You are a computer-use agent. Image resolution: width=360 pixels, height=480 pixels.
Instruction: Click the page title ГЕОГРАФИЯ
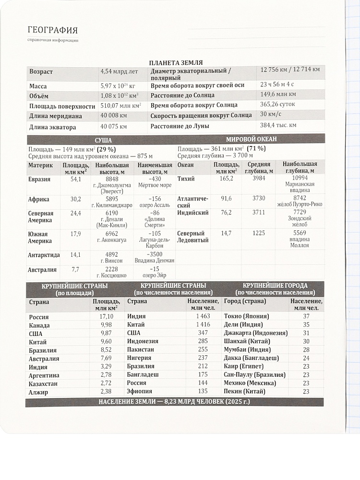[x=53, y=30]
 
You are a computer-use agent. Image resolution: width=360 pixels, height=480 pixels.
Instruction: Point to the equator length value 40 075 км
[x=114, y=126]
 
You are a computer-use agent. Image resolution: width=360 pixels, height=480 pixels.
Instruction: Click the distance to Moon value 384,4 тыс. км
[x=278, y=125]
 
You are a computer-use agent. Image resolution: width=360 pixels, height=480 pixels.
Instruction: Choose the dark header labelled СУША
[x=103, y=139]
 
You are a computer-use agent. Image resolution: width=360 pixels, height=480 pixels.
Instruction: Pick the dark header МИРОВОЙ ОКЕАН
[x=251, y=139]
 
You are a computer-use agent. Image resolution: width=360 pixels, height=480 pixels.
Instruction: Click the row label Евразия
[x=39, y=179]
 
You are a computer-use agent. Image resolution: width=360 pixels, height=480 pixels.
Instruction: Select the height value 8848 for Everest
[x=111, y=179]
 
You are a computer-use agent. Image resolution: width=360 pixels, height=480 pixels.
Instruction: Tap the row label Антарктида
[x=44, y=255]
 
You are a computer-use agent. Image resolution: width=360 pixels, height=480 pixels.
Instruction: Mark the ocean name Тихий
[x=186, y=179]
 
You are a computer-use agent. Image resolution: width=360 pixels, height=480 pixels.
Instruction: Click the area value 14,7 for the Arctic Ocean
[x=226, y=233]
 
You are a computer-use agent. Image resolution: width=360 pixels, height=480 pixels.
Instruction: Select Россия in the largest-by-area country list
[x=39, y=317]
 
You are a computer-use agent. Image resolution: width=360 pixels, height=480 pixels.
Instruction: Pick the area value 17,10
[x=106, y=316]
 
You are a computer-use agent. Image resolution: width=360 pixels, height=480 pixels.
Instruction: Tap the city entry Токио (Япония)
[x=246, y=316]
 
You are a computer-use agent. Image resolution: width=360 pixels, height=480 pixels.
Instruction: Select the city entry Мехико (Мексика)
[x=250, y=383]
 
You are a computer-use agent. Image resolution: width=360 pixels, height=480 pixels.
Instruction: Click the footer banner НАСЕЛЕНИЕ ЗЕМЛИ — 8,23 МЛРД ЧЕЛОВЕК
[x=174, y=402]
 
